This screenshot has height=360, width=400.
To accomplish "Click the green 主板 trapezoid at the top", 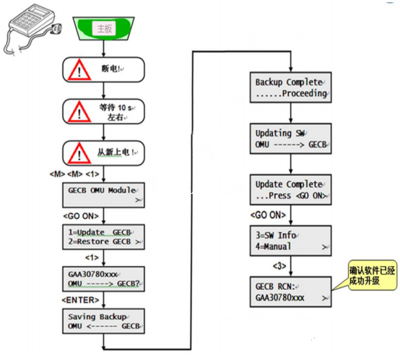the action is [x=103, y=28].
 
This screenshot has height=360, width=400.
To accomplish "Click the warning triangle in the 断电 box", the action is [x=79, y=69].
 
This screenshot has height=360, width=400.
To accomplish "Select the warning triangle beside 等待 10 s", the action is [x=79, y=111].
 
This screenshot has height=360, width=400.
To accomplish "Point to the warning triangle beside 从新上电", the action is [x=79, y=153].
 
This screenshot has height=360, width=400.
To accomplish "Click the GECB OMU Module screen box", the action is [x=103, y=194].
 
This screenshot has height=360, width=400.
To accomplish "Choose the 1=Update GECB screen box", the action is [x=103, y=237].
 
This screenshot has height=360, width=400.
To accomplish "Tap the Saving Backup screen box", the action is [x=103, y=321].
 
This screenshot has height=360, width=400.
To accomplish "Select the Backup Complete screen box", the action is [x=290, y=87].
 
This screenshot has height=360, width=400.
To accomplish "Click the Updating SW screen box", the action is [x=290, y=139].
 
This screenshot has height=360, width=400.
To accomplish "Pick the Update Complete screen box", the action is [x=290, y=189].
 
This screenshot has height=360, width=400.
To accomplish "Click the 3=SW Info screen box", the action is [x=290, y=241].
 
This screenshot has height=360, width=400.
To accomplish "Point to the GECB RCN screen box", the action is [x=290, y=291].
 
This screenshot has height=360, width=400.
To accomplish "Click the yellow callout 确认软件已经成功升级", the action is [x=373, y=275].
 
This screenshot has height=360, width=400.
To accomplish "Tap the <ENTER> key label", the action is [x=80, y=300].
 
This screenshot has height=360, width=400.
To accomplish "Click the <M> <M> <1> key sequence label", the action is [x=74, y=174].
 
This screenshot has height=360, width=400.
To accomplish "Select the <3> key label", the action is [x=279, y=266].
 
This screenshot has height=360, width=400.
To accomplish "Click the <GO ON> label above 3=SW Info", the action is [x=268, y=215].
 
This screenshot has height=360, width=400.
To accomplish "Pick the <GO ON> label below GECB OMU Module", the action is [x=81, y=216].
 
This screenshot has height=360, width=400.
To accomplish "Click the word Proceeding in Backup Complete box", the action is [x=305, y=93].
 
